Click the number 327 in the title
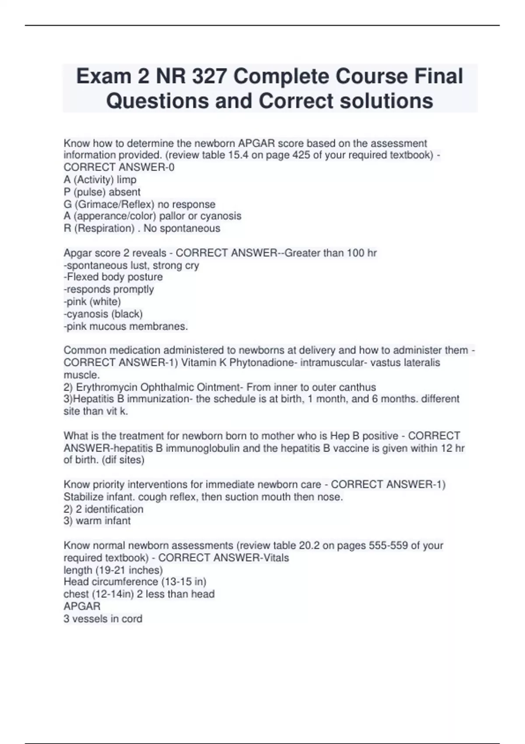click(207, 77)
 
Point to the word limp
click(127, 180)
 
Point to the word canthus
click(358, 387)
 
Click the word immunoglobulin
click(202, 449)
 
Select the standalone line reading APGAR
click(82, 607)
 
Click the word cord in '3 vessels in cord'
click(132, 619)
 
